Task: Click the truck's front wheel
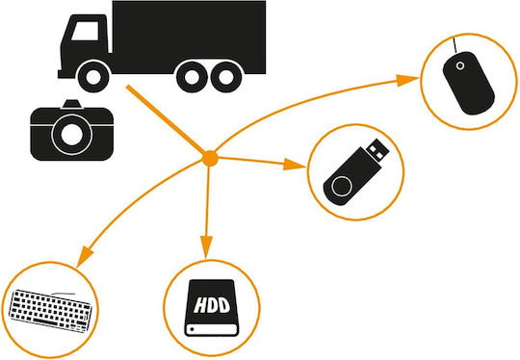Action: click(93, 77)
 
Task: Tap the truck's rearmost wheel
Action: click(226, 77)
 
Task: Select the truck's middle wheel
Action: click(192, 77)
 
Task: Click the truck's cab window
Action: click(86, 31)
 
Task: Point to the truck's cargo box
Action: click(189, 38)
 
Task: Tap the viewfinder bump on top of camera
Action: click(72, 104)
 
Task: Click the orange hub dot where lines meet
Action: click(210, 158)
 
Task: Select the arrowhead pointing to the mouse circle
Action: click(406, 80)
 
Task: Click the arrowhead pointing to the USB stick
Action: click(294, 165)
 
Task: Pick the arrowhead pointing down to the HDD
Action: click(206, 246)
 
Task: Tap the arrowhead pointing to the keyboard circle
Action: click(85, 256)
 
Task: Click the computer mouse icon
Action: click(468, 83)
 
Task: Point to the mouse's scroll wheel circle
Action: click(460, 65)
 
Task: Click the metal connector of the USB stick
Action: click(377, 150)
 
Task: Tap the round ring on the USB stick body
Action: click(342, 187)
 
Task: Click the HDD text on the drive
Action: click(212, 306)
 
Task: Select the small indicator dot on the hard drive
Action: click(192, 329)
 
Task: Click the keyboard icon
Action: click(50, 311)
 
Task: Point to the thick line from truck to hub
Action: click(166, 119)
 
